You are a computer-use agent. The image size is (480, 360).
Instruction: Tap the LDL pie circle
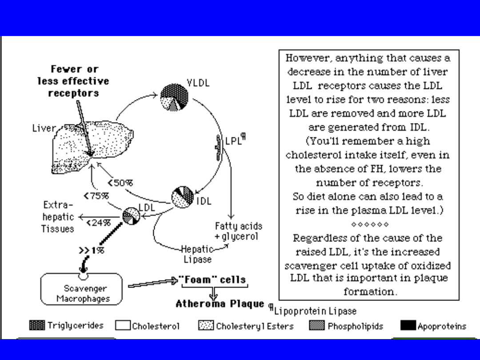coord(131,216)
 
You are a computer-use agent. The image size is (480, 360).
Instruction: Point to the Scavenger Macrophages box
coord(81,289)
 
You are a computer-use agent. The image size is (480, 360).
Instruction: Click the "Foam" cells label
coord(212,280)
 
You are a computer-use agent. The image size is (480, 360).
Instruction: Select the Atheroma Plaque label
coord(220,304)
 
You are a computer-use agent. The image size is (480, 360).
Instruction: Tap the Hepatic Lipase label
coord(198,254)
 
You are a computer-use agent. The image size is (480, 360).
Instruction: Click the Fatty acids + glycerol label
coord(239,231)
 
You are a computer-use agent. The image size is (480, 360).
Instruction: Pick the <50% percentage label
coord(120,182)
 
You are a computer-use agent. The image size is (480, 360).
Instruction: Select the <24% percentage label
coord(98,223)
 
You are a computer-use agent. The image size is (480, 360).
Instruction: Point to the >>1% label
coord(92,251)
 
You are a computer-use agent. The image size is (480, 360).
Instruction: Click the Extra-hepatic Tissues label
coord(58,217)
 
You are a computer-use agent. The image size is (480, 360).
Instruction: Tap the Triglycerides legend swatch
coord(37,325)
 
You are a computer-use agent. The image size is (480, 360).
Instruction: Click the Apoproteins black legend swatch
coord(408,326)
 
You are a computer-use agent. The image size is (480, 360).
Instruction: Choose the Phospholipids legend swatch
coord(316,326)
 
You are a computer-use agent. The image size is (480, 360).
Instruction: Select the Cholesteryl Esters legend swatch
coord(206,326)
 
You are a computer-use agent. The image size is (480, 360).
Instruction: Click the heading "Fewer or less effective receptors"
coord(73,81)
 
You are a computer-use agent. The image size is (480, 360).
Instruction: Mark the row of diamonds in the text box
coord(370,224)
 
